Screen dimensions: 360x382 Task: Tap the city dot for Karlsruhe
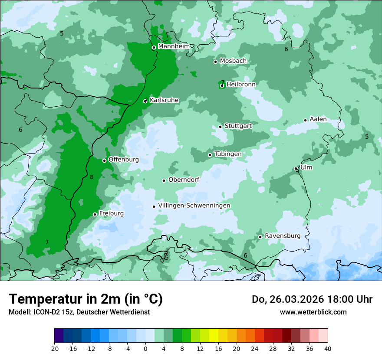point(145,101)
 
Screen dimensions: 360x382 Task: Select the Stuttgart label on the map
point(238,126)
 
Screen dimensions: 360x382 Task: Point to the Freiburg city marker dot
point(95,214)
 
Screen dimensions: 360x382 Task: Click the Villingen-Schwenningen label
point(194,206)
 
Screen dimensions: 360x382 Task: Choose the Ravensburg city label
point(283,236)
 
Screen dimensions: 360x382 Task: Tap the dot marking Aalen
point(305,120)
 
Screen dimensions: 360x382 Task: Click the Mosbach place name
point(233,61)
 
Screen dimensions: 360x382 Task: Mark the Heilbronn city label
point(240,85)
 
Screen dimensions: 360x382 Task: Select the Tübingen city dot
point(210,155)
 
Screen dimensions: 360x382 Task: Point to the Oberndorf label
point(184,180)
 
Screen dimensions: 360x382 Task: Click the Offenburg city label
point(123,160)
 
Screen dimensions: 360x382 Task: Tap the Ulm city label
point(306,167)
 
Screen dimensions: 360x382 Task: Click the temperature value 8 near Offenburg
point(92,177)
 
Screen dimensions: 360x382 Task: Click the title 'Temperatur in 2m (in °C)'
point(86,299)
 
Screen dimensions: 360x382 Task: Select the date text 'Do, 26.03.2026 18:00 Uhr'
point(312,299)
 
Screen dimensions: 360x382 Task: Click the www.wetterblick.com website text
point(313,312)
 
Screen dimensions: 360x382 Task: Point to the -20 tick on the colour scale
point(54,348)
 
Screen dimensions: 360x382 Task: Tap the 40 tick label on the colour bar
point(328,348)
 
